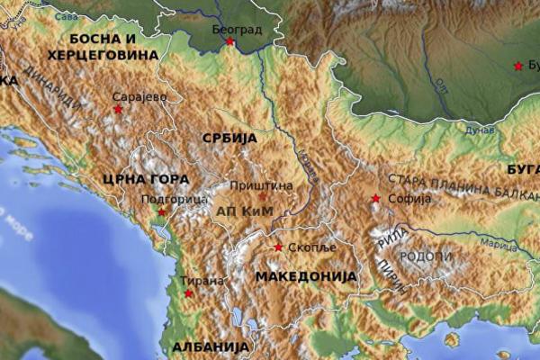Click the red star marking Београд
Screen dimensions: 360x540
pyautogui.click(x=229, y=41)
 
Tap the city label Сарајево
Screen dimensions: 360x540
pyautogui.click(x=140, y=96)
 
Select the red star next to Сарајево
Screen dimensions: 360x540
pyautogui.click(x=118, y=109)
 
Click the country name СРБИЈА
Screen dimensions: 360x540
pyautogui.click(x=229, y=139)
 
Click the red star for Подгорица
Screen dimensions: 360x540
pyautogui.click(x=162, y=211)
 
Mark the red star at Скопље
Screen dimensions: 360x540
pyautogui.click(x=278, y=247)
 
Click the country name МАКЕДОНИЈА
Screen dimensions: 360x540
pyautogui.click(x=301, y=276)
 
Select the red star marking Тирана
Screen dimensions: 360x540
pyautogui.click(x=188, y=293)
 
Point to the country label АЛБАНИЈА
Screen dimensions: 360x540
pyautogui.click(x=210, y=346)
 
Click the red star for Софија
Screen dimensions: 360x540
pyautogui.click(x=375, y=199)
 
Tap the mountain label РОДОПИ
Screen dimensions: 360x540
pyautogui.click(x=426, y=256)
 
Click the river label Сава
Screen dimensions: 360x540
pyautogui.click(x=66, y=16)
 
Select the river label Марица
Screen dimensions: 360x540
pyautogui.click(x=498, y=244)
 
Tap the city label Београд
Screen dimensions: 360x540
pyautogui.click(x=237, y=30)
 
